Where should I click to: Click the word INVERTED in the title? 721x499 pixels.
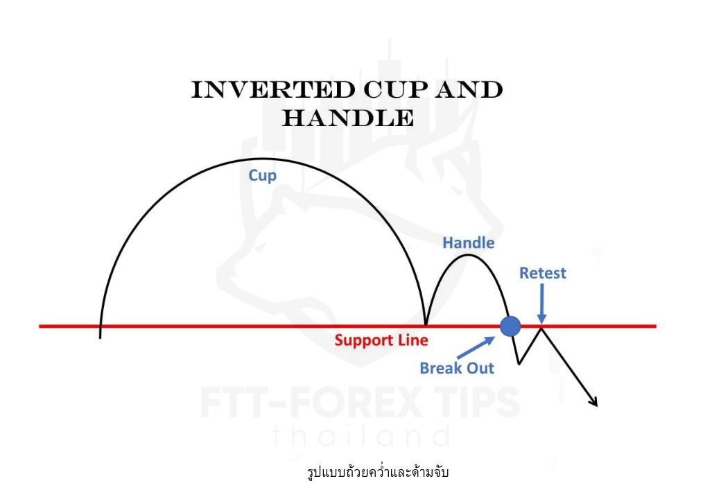(274, 89)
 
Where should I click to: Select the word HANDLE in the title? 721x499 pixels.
(347, 118)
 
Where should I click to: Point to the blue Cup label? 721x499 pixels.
(263, 175)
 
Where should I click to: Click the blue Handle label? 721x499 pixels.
(469, 243)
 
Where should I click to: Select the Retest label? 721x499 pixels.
(543, 273)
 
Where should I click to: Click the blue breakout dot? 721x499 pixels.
(510, 326)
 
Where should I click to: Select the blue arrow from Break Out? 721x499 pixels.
(476, 348)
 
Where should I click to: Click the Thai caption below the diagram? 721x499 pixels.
(378, 472)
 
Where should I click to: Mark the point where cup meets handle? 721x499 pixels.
(426, 325)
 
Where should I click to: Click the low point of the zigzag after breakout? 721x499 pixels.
(519, 364)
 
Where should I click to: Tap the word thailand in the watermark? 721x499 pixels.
(361, 437)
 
